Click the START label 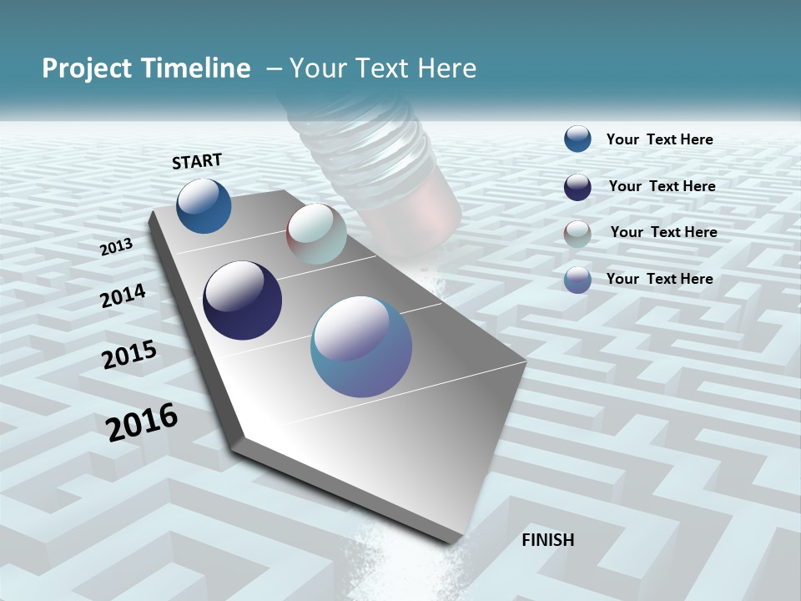197,161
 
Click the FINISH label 547,540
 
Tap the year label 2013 116,246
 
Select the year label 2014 123,296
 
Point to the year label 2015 129,354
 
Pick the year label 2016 142,422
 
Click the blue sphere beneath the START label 204,205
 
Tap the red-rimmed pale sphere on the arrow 316,234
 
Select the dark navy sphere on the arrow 242,300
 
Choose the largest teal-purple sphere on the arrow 360,346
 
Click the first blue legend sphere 577,139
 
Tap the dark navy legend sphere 577,187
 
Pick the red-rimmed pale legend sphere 577,233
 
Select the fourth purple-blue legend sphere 577,280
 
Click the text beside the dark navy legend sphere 662,186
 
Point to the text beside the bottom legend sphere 659,279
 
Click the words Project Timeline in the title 146,68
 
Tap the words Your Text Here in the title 382,68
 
